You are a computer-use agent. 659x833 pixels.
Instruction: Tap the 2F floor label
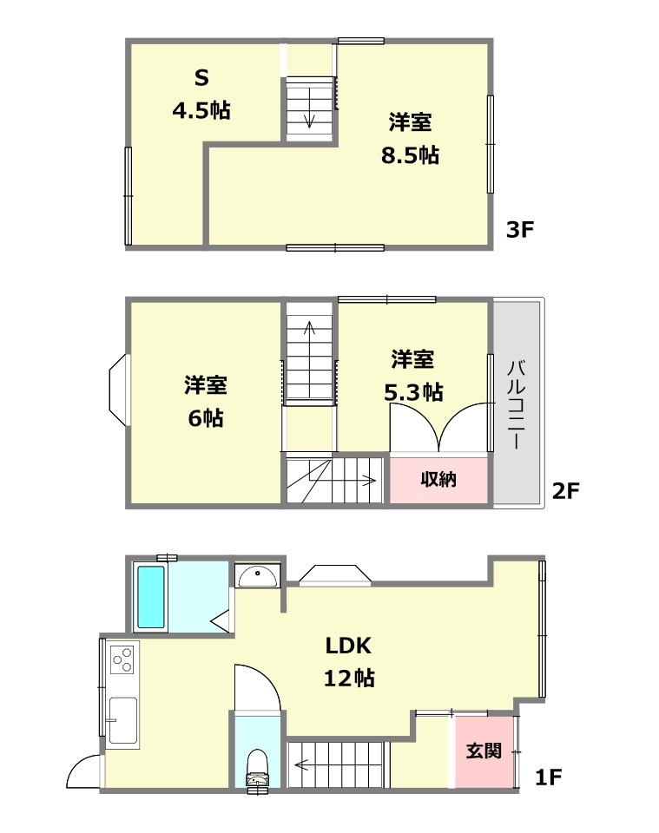(565, 491)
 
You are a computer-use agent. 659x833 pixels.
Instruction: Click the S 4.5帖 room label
(201, 94)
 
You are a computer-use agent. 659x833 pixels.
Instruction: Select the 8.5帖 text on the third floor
(411, 155)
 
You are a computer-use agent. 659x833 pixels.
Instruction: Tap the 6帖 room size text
(206, 418)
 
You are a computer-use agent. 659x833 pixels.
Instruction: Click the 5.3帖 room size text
(413, 392)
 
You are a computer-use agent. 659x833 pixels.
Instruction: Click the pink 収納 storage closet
(439, 479)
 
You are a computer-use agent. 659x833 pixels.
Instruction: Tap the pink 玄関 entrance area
(484, 751)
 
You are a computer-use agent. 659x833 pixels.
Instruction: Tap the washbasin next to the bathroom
(257, 574)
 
